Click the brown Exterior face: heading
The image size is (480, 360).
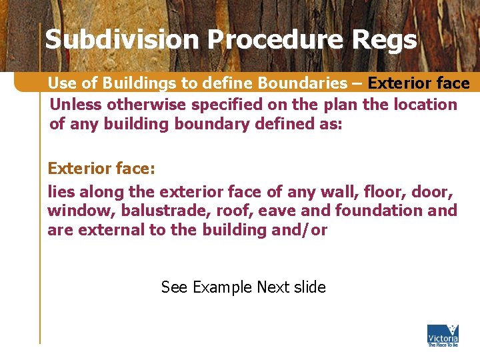pyautogui.click(x=101, y=169)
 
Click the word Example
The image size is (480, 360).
pyautogui.click(x=221, y=287)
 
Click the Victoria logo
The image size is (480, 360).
pyautogui.click(x=443, y=335)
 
